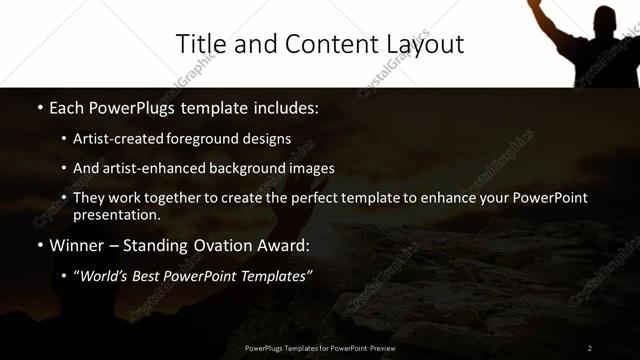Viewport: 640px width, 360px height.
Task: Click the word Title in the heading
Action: coord(198,44)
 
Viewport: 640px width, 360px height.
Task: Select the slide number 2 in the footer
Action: coord(589,347)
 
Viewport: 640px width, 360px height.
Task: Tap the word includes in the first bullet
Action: coord(288,107)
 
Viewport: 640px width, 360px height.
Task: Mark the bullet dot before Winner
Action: coord(39,245)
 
